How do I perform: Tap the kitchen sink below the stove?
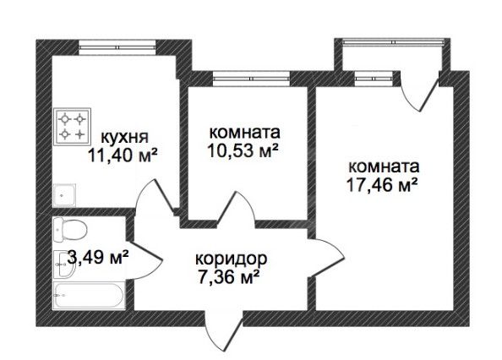(64, 195)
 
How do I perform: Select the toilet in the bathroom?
(70, 230)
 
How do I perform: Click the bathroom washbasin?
(65, 264)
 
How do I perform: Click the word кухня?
(124, 137)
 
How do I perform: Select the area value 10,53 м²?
(243, 150)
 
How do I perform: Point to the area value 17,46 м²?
(382, 184)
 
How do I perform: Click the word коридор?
(231, 259)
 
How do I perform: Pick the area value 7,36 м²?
(228, 277)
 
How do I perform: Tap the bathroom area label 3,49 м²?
(98, 257)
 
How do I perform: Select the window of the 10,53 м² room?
(251, 78)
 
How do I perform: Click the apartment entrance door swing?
(223, 330)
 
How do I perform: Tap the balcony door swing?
(419, 93)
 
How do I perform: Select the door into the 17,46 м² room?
(328, 257)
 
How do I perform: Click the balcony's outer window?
(393, 41)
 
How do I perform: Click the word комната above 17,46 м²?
(384, 167)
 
